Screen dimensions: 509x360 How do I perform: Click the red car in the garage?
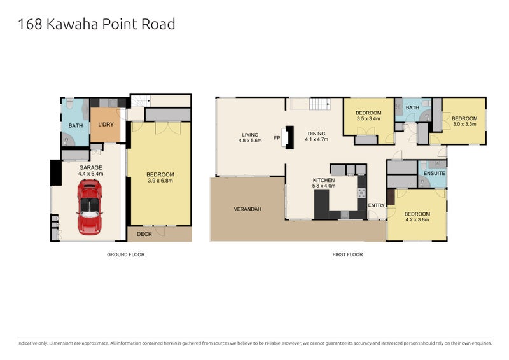[90, 207]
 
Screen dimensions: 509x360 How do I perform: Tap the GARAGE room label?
[90, 167]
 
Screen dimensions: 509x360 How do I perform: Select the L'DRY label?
[106, 124]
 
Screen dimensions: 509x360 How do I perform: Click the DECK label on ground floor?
[144, 234]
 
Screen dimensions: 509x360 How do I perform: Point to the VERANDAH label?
[248, 209]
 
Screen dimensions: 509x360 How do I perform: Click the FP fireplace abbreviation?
[277, 138]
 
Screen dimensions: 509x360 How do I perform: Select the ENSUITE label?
[435, 174]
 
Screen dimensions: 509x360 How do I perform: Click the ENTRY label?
[377, 205]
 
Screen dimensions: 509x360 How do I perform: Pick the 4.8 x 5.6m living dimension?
[250, 141]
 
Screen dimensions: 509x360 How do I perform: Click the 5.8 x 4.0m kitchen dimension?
[324, 186]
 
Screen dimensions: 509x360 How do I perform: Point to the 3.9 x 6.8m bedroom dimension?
[160, 181]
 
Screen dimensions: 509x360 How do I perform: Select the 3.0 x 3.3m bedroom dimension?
[464, 124]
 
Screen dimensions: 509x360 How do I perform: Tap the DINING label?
[316, 134]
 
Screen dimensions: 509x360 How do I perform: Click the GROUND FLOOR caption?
[126, 254]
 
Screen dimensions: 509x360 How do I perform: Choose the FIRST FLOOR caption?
[347, 254]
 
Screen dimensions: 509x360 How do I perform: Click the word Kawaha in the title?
[72, 24]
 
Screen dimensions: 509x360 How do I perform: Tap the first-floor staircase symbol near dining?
[319, 104]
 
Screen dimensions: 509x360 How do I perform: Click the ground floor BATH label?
[76, 126]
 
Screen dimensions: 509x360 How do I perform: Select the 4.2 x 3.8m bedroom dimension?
[417, 220]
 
